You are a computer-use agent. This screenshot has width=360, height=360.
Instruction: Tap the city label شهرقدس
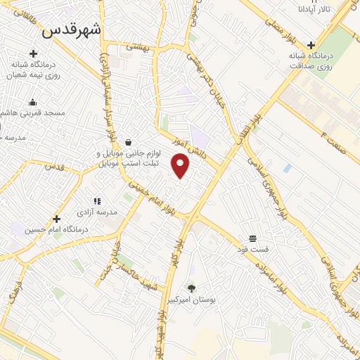pyautogui.click(x=71, y=30)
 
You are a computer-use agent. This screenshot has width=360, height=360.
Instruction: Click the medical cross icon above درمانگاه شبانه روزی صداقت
pyautogui.click(x=311, y=45)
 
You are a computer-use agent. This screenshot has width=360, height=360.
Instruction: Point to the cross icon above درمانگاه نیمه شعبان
pyautogui.click(x=33, y=53)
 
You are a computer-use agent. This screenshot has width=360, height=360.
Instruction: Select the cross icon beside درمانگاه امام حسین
pyautogui.click(x=56, y=219)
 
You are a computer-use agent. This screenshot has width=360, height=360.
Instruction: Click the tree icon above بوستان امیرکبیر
pyautogui.click(x=191, y=288)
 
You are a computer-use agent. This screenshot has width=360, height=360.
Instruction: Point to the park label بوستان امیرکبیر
pyautogui.click(x=191, y=300)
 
